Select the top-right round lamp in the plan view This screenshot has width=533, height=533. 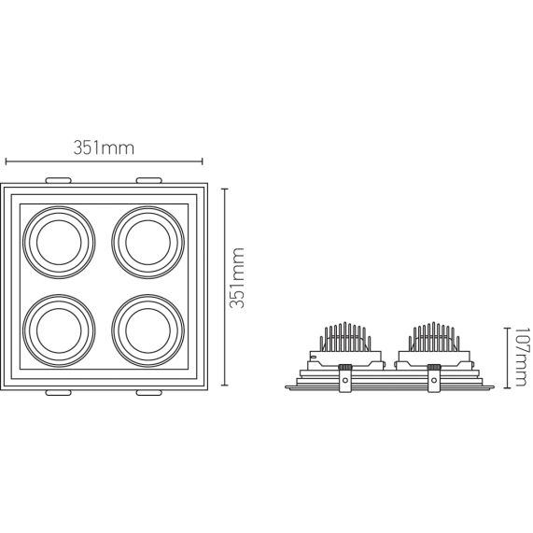[146, 241]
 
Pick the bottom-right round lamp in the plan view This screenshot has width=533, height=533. [146, 326]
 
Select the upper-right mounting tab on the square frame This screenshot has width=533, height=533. [149, 178]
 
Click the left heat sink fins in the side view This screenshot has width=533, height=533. [344, 336]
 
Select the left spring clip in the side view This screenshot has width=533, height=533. [345, 377]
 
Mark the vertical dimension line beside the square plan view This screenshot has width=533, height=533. [224, 285]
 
